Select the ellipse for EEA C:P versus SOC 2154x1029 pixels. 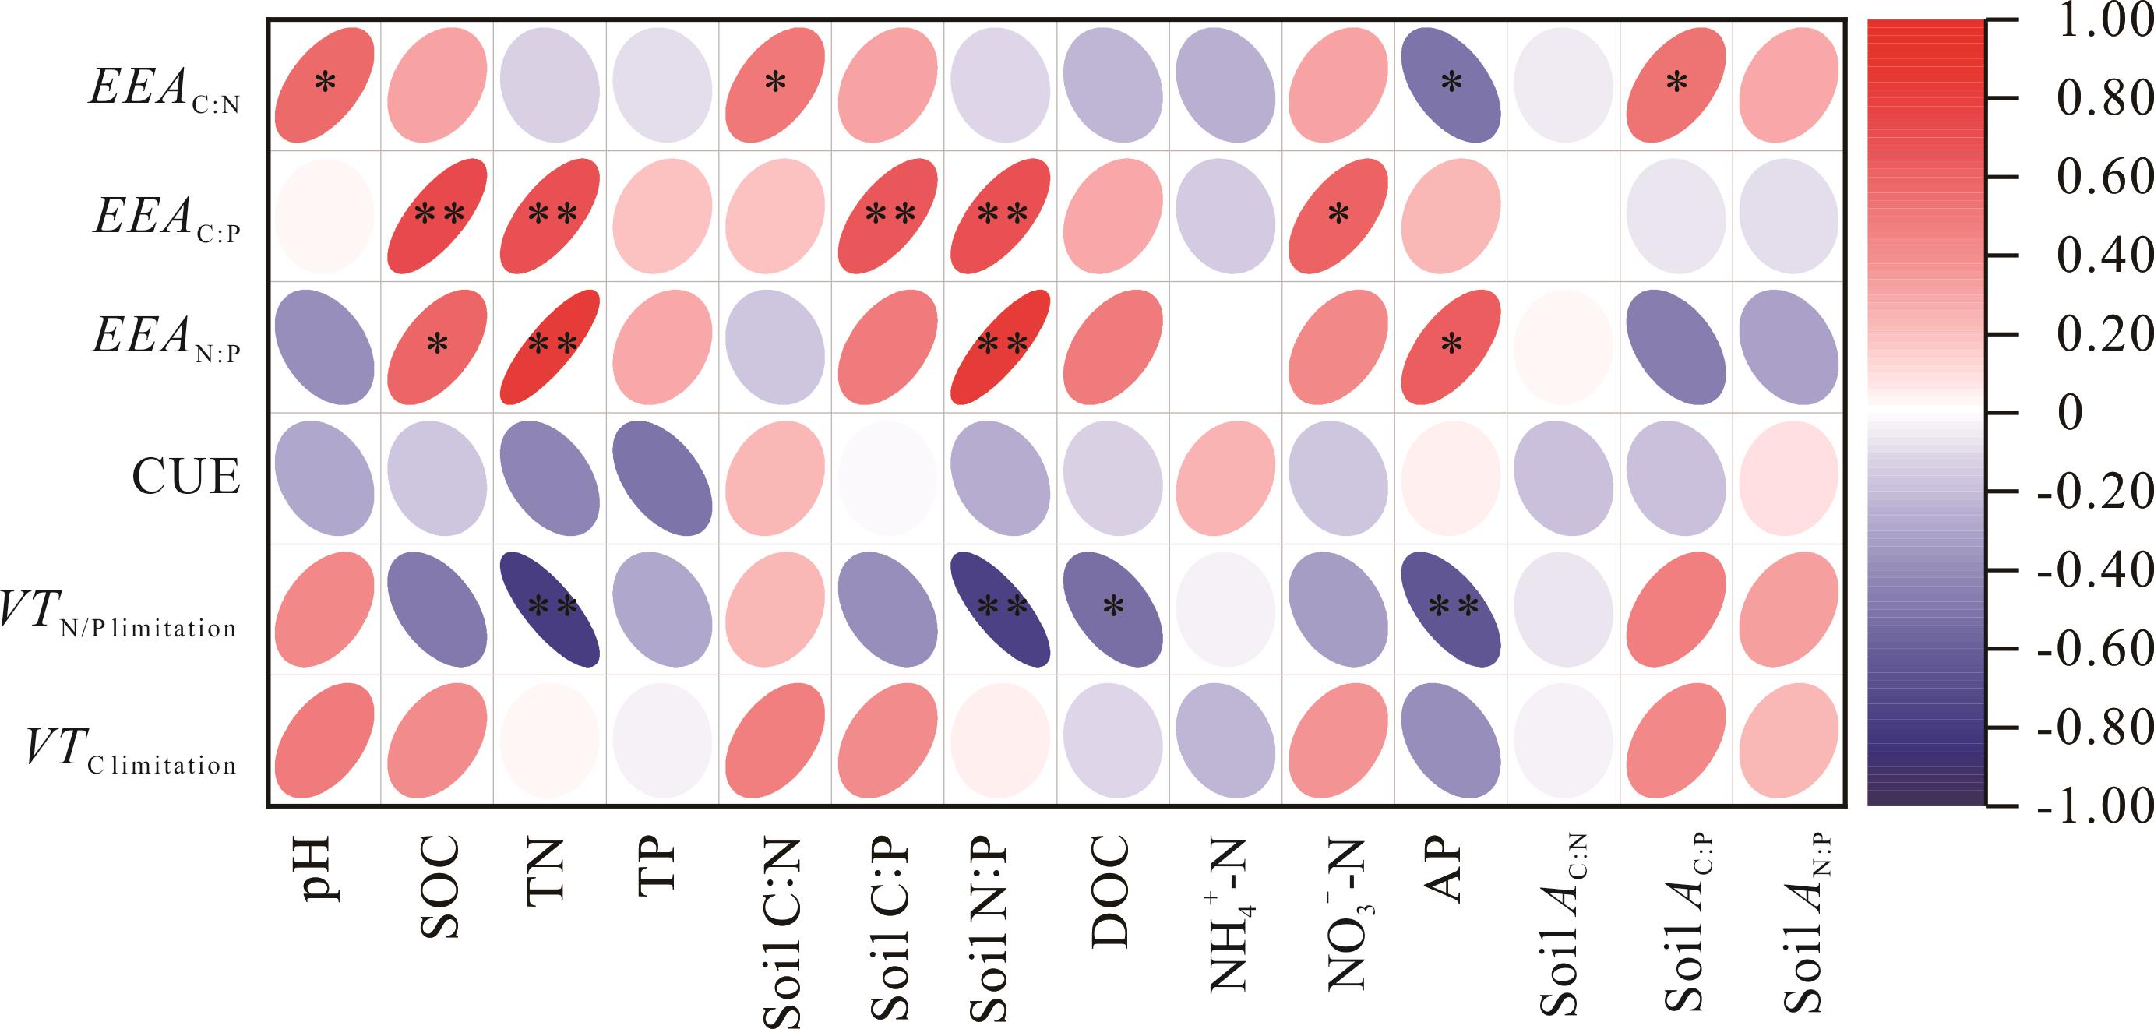pos(437,216)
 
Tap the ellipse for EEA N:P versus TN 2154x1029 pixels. pos(550,345)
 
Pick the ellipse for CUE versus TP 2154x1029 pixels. pos(662,477)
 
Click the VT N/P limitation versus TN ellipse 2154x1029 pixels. pos(550,608)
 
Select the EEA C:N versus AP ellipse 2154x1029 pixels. pos(1451,84)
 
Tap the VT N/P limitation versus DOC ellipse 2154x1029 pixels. pos(1113,608)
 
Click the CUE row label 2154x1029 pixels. pos(185,477)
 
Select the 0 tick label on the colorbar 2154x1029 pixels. pos(2071,413)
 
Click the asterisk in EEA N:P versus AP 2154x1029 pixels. pos(1451,344)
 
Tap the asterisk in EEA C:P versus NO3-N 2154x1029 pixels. pos(1338,215)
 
